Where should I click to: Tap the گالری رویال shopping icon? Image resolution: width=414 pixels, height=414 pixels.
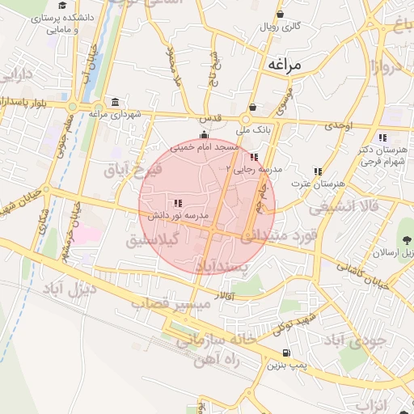[x=280, y=14]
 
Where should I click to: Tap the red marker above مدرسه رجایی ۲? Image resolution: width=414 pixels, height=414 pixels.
[x=255, y=157]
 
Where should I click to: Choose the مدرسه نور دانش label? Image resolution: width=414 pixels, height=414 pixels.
[x=177, y=217]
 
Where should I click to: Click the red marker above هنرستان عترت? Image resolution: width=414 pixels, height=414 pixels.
[x=319, y=171]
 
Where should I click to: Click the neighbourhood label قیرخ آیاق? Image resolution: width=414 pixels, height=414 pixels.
[x=133, y=169]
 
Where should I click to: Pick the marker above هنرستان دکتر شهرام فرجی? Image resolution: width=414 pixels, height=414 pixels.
[x=382, y=137]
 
